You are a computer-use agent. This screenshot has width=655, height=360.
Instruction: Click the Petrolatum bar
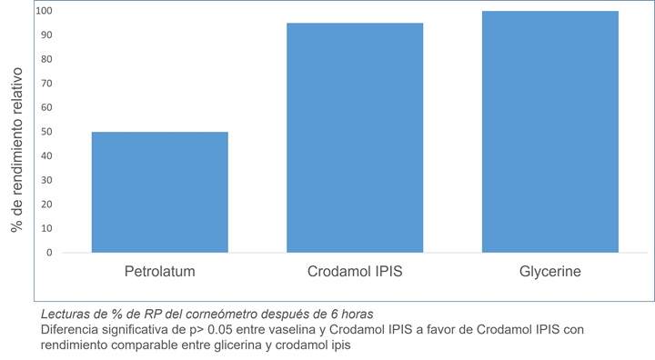point(160,192)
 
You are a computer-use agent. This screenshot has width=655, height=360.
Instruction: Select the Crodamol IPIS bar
point(355,137)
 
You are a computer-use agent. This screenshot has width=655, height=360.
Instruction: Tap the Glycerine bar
point(550,132)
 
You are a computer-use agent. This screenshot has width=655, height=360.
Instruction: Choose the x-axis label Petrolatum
point(160,272)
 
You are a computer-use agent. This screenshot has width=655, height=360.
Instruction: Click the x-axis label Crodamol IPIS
point(355,272)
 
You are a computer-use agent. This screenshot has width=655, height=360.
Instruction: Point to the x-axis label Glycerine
point(550,272)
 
